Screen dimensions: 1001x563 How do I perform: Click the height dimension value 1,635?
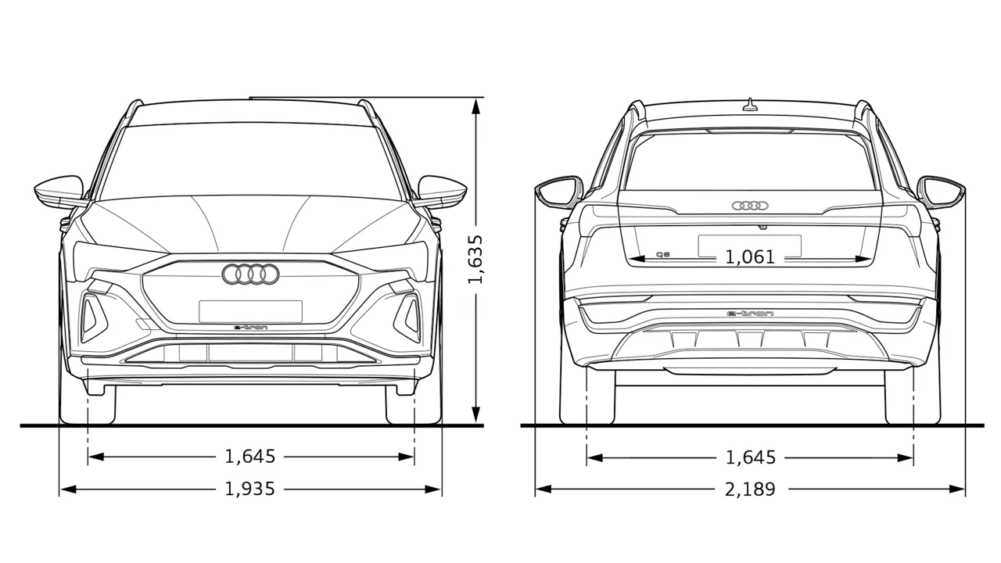pyautogui.click(x=475, y=259)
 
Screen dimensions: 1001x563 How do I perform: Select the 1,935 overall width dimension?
pyautogui.click(x=249, y=489)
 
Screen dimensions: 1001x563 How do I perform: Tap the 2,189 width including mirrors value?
pyautogui.click(x=750, y=489)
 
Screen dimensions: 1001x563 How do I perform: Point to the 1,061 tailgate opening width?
pyautogui.click(x=750, y=257)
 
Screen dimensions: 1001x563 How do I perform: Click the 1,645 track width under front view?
pyautogui.click(x=249, y=457)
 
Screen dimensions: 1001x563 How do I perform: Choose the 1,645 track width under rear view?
pyautogui.click(x=751, y=457)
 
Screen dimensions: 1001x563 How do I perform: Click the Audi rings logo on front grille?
pyautogui.click(x=250, y=274)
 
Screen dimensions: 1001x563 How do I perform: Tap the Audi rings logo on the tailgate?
pyautogui.click(x=750, y=206)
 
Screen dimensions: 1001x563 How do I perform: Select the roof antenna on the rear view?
pyautogui.click(x=750, y=104)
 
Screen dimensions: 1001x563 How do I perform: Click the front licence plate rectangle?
pyautogui.click(x=251, y=311)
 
